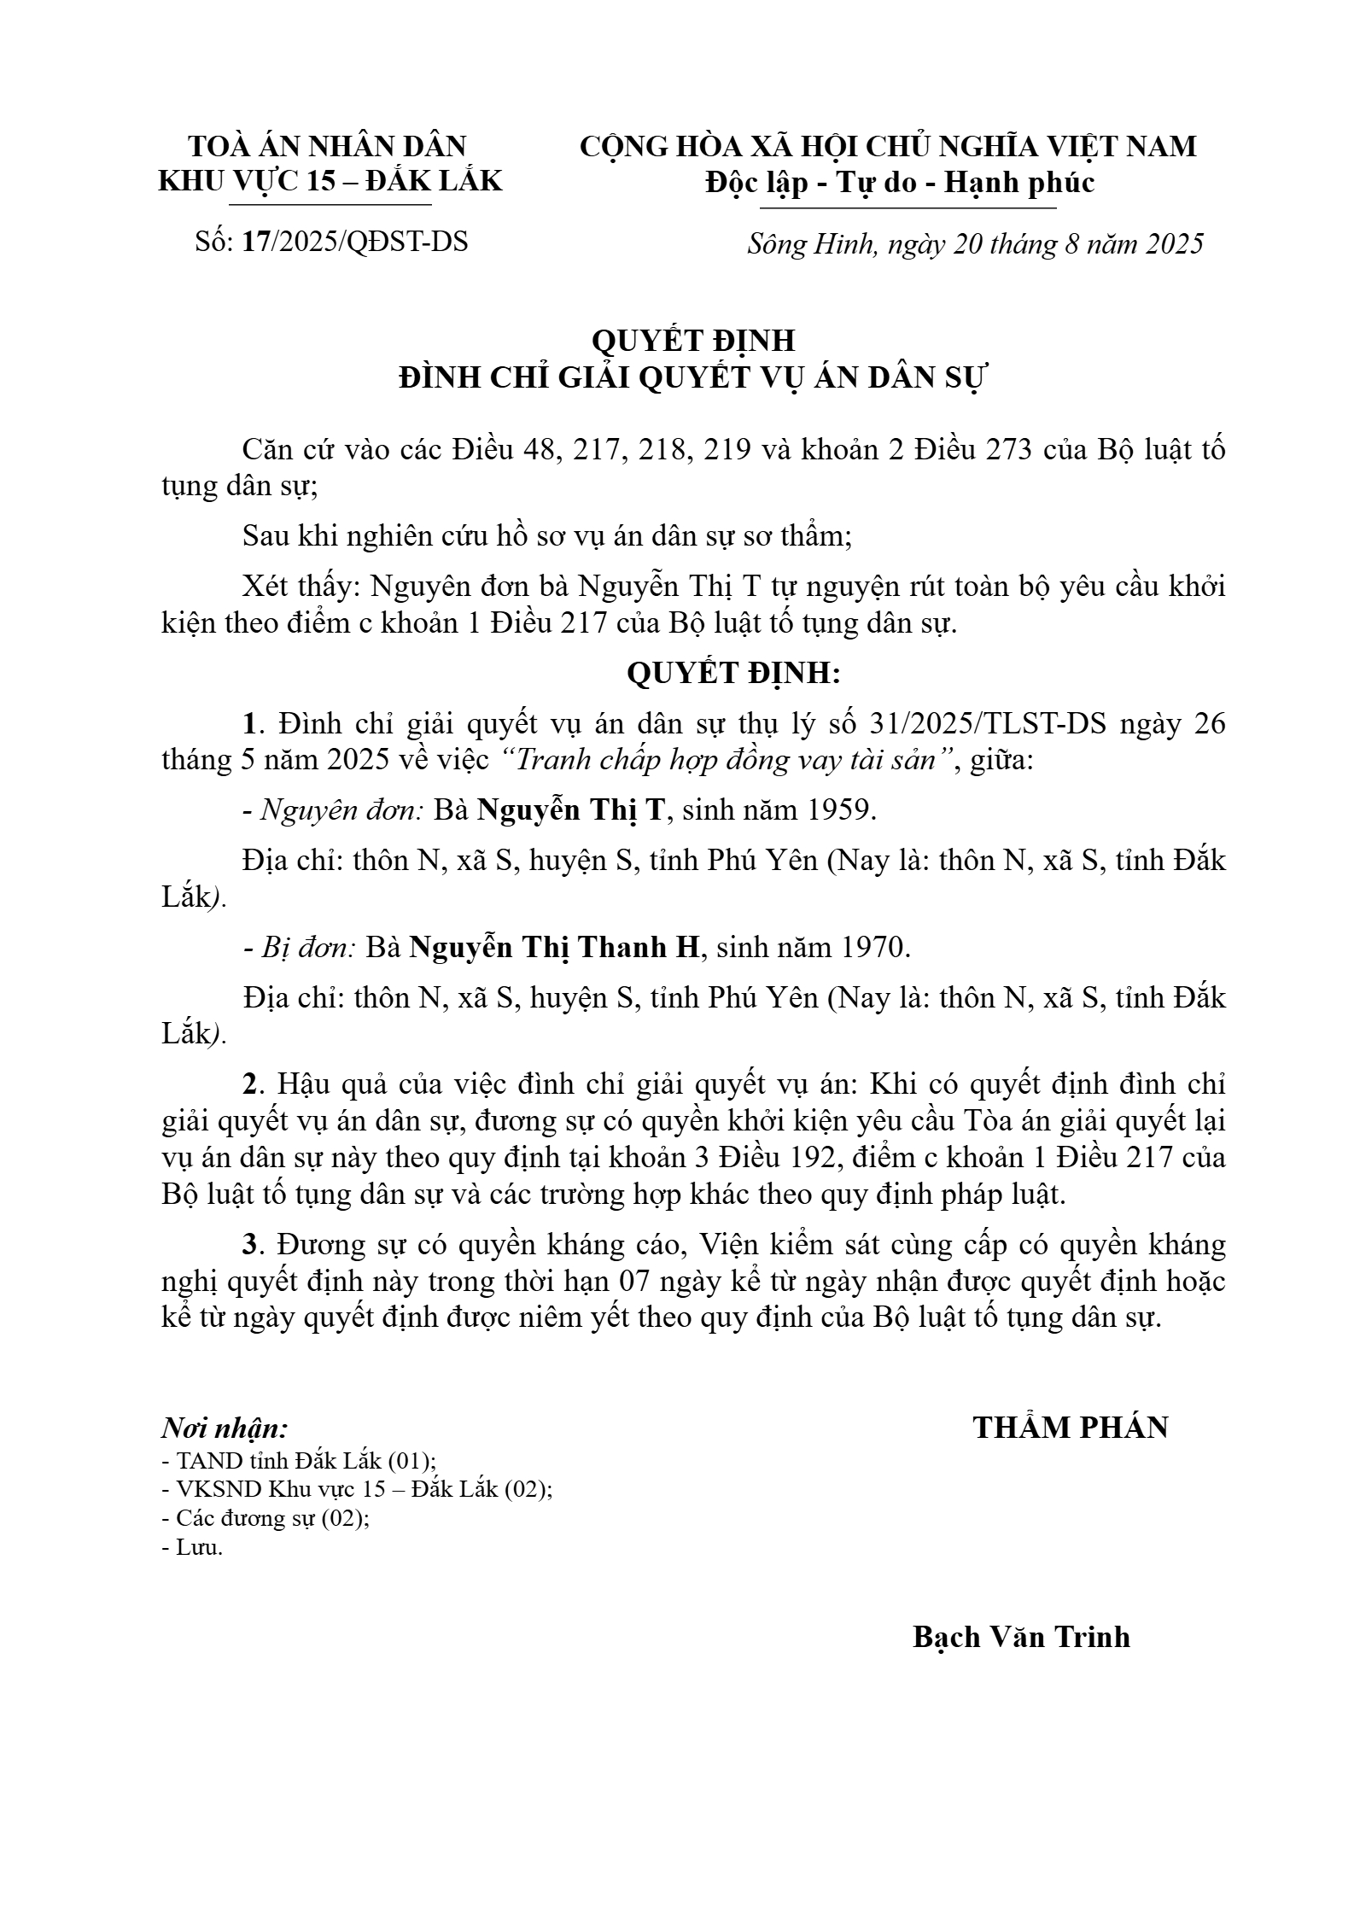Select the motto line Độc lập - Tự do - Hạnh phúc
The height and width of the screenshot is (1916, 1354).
tap(899, 183)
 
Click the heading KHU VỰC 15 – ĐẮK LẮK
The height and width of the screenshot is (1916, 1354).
tap(330, 181)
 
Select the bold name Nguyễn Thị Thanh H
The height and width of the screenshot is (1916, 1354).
tap(555, 948)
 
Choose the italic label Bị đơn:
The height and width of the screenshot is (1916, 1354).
tap(309, 948)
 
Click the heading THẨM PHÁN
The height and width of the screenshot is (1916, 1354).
tap(1071, 1427)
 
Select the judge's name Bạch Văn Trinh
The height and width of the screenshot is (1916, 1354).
tap(1021, 1636)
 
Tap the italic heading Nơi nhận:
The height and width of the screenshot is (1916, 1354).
tap(225, 1428)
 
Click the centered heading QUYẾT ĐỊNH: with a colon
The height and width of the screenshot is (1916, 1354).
tap(733, 674)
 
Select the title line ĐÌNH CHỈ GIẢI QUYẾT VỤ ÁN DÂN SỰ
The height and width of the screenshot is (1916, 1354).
tap(693, 377)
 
